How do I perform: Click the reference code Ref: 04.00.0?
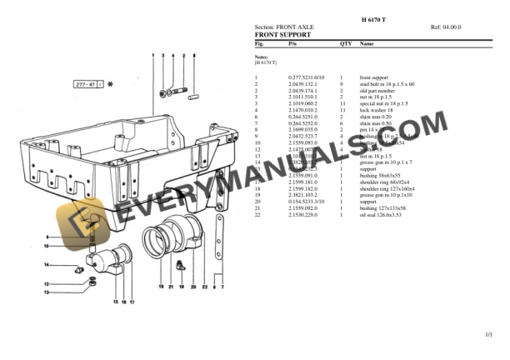446,27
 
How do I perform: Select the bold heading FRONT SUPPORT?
282,35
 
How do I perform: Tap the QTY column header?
345,43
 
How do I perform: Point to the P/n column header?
292,43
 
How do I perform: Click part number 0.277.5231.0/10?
306,77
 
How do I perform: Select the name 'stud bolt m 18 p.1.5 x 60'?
387,84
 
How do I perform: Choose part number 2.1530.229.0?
302,215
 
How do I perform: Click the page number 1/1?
488,334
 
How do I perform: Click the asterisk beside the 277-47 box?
110,85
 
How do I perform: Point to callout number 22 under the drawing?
204,287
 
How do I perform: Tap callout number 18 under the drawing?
162,287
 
